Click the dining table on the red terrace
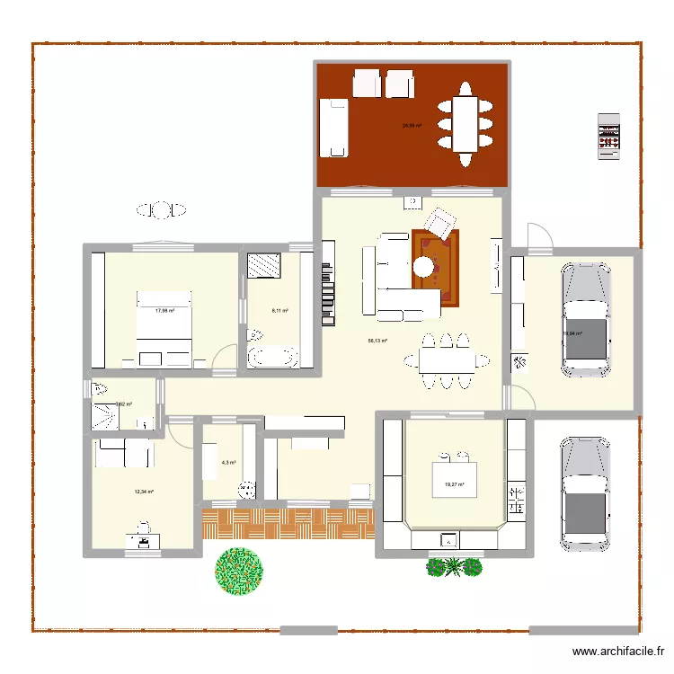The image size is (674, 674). click(x=465, y=124)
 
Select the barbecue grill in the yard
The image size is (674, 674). click(x=609, y=137)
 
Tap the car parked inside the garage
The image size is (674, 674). click(x=585, y=319)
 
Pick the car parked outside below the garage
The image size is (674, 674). click(x=585, y=493)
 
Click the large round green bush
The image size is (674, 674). click(x=240, y=569)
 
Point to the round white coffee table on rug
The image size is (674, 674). click(x=424, y=266)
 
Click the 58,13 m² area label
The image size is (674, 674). click(x=377, y=341)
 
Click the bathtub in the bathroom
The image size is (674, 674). click(x=272, y=356)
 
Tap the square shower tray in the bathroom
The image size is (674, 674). click(x=264, y=265)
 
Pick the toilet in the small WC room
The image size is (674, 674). click(x=98, y=389)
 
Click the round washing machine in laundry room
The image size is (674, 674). click(x=245, y=489)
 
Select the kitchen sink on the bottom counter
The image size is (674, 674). click(x=447, y=540)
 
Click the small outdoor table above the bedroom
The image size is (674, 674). click(x=162, y=210)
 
